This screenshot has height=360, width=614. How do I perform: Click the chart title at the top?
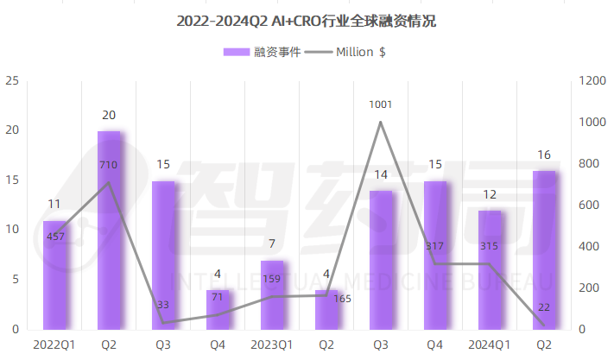(x=307, y=21)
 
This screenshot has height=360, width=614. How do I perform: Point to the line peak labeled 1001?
(x=381, y=122)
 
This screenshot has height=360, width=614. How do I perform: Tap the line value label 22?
(x=544, y=306)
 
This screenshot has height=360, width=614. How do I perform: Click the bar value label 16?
(x=544, y=155)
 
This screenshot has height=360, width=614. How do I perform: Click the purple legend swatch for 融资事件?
(x=236, y=52)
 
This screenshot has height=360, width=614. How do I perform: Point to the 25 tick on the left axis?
(x=12, y=81)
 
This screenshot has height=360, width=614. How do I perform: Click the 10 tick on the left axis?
(x=12, y=231)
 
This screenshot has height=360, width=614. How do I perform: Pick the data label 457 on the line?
(x=55, y=236)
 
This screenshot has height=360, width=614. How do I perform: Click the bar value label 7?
(x=272, y=244)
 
